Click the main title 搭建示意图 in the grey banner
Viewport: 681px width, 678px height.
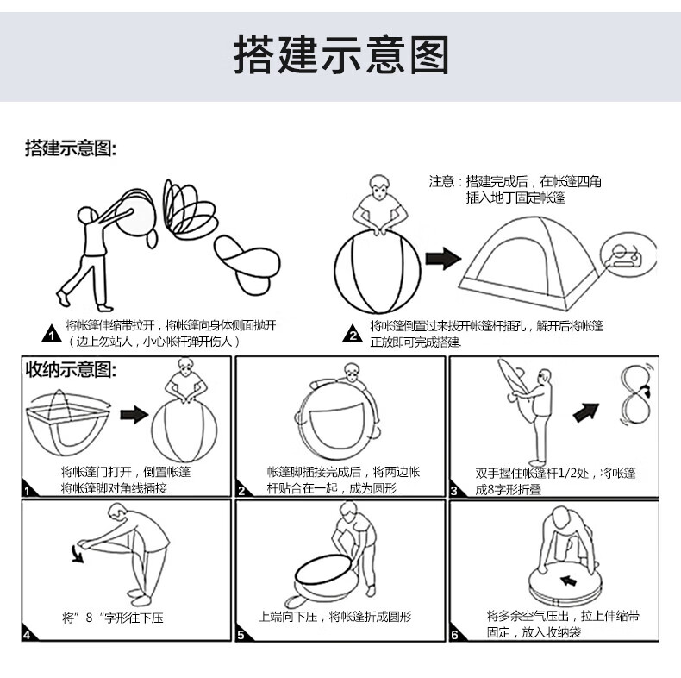point(340,54)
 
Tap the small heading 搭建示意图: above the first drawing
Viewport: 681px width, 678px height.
point(69,148)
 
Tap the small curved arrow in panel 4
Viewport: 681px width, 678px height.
point(80,552)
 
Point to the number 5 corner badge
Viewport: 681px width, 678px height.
point(244,635)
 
